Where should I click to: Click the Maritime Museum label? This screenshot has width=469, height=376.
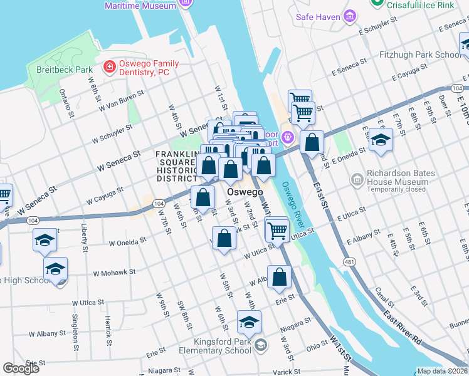[140, 6]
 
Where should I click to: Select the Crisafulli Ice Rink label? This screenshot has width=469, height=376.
[428, 4]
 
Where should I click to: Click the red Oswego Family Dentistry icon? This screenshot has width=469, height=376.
[109, 66]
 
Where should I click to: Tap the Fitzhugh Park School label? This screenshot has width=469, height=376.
[420, 55]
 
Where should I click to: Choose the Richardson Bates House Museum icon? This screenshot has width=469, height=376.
[358, 179]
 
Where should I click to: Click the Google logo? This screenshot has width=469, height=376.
[21, 368]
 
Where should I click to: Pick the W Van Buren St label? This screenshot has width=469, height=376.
[121, 101]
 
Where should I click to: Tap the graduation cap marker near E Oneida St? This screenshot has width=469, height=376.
[380, 141]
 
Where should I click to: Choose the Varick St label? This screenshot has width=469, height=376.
[287, 372]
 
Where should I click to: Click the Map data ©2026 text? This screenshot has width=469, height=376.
[441, 371]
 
